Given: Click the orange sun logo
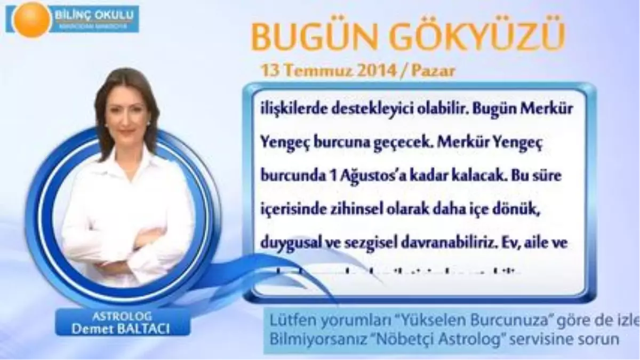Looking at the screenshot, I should [x=31, y=19].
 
